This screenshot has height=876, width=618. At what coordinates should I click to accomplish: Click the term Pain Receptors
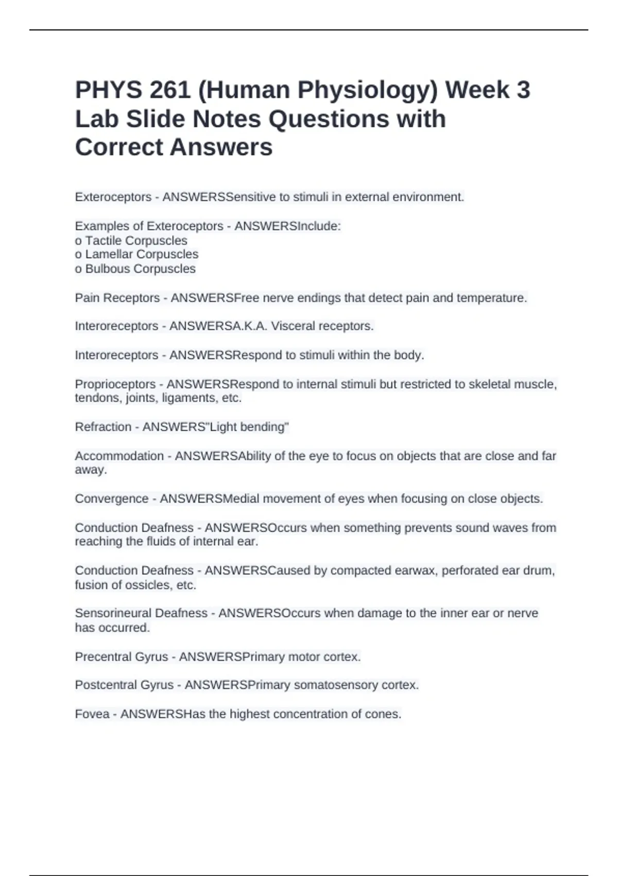117,298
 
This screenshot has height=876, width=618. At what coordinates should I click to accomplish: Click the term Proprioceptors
115,384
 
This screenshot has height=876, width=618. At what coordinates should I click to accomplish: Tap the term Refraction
103,427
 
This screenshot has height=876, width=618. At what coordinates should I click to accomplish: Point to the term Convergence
111,499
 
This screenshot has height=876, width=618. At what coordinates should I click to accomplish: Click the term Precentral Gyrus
121,657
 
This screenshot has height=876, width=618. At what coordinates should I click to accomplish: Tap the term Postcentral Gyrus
124,685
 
